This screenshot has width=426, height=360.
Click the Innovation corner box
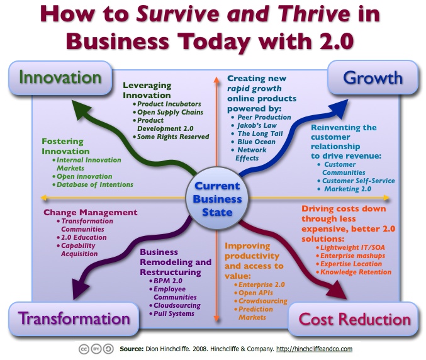point(60,78)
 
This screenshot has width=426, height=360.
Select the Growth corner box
point(373,77)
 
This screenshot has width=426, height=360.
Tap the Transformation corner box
point(74,318)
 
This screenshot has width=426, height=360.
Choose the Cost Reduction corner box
point(354,319)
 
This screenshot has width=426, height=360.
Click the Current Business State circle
point(217,199)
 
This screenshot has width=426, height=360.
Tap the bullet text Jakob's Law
point(257,125)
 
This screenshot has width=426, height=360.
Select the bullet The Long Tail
point(260,133)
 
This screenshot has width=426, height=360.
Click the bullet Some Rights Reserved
point(173,137)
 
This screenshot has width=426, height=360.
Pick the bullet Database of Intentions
point(95,185)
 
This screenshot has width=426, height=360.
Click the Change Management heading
point(91,212)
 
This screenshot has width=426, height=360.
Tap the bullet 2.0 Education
point(84,237)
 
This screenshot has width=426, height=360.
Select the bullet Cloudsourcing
point(177,306)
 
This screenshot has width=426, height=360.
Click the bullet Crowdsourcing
point(263,301)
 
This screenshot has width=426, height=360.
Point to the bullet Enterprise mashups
point(352,256)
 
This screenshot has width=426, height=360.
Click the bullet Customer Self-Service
point(358,181)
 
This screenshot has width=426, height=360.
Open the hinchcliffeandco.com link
point(315,349)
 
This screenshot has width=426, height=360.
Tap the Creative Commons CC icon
point(84,349)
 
